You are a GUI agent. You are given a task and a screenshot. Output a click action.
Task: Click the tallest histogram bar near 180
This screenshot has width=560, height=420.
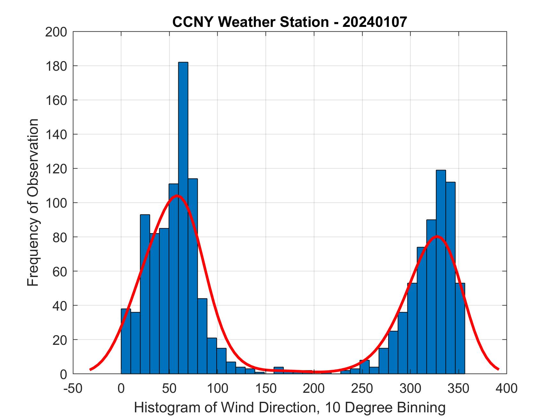tap(183, 218)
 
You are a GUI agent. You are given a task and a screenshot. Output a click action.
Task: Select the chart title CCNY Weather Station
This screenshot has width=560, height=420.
tap(250, 22)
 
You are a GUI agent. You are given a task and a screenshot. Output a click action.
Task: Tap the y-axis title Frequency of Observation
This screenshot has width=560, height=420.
tap(33, 202)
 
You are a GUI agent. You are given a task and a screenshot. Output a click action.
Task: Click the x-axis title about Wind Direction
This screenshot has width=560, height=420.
tap(290, 408)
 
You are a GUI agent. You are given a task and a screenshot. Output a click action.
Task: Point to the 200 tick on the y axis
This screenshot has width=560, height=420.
tap(56, 32)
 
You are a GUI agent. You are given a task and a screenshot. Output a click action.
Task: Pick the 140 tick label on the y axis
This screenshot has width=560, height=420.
tap(56, 135)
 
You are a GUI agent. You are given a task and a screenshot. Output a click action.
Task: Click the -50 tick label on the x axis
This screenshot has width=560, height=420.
tap(73, 388)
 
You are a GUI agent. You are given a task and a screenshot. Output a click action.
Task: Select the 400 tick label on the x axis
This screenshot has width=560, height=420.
tap(507, 388)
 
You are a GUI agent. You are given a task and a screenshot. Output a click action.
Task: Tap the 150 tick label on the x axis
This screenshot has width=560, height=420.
tap(266, 388)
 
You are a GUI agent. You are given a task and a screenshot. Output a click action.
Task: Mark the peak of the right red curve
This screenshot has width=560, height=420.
tap(437, 236)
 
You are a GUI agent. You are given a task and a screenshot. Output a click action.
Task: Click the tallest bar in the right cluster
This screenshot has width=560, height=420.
tap(441, 272)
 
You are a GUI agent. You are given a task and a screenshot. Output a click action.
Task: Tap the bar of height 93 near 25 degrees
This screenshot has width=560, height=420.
tap(145, 294)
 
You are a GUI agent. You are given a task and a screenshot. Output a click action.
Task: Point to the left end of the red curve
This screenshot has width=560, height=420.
tap(91, 369)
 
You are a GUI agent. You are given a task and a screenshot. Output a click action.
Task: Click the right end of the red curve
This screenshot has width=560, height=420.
tap(498, 369)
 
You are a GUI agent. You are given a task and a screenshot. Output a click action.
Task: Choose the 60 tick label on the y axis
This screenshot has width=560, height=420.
tap(60, 272)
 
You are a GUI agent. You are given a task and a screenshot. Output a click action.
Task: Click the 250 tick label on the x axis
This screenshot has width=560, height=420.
tap(362, 388)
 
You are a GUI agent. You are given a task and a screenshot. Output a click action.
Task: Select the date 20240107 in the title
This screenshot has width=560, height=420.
tap(375, 22)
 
